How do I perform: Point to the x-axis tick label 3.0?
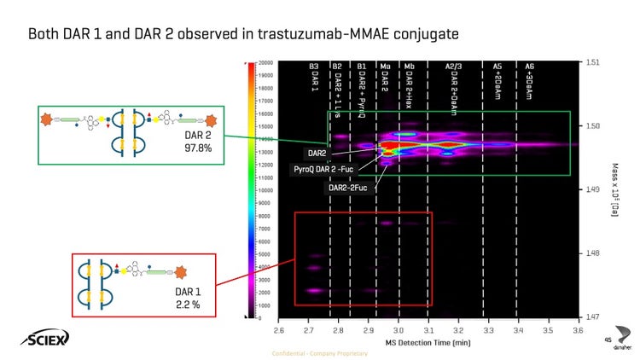pos(399,328)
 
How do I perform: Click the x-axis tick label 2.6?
pos(278,328)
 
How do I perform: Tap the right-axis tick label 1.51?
pos(592,62)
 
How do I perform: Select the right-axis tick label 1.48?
pos(592,253)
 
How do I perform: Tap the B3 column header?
pos(314,67)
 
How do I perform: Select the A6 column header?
pos(529,67)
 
